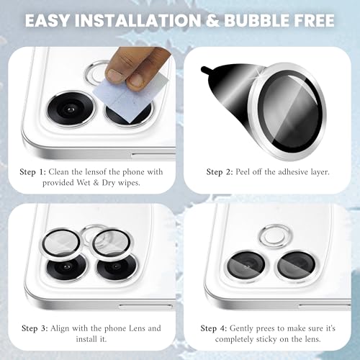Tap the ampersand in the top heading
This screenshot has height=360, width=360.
click(x=212, y=20)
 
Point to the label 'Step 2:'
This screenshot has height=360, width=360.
click(x=220, y=172)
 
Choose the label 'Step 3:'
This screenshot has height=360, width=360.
click(x=35, y=328)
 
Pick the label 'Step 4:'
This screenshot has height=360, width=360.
click(x=214, y=328)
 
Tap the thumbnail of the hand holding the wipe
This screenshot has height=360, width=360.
click(x=137, y=67)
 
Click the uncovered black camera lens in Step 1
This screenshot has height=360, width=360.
click(x=71, y=109)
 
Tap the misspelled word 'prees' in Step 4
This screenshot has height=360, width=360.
click(x=265, y=329)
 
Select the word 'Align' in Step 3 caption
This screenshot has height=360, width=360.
click(x=60, y=328)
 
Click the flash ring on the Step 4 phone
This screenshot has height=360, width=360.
click(x=276, y=236)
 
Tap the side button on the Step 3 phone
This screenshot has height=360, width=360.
click(x=145, y=307)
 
